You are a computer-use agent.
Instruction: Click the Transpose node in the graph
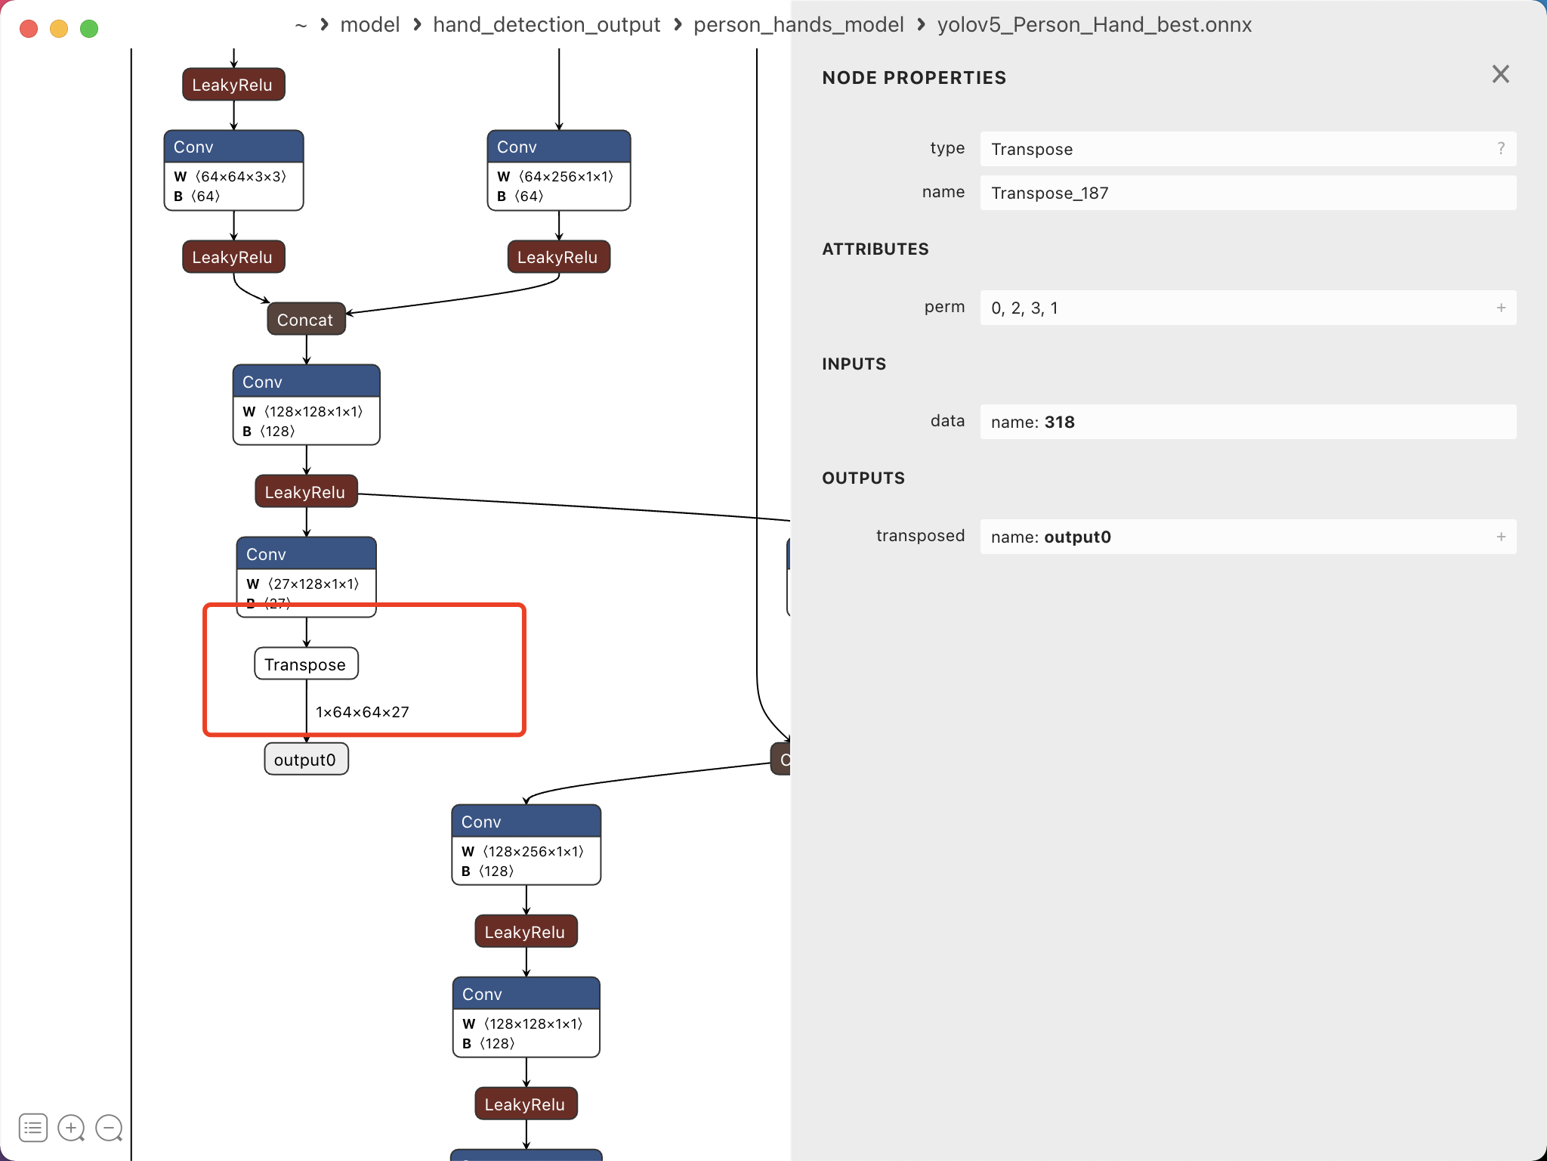point(306,664)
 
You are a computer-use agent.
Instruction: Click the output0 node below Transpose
point(306,759)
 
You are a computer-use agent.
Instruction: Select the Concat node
point(306,319)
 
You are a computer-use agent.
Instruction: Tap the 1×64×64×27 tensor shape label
point(363,712)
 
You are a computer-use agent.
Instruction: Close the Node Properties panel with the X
point(1500,74)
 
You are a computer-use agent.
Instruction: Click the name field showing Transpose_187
point(1246,193)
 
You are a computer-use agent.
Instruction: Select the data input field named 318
point(1246,422)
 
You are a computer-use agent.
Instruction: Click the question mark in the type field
point(1501,149)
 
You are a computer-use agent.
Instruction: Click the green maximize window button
point(89,29)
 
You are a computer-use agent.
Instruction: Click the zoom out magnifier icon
point(109,1128)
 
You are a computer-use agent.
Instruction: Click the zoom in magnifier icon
point(71,1128)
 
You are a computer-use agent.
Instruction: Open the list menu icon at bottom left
point(33,1128)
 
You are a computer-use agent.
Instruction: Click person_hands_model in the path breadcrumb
point(798,25)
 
